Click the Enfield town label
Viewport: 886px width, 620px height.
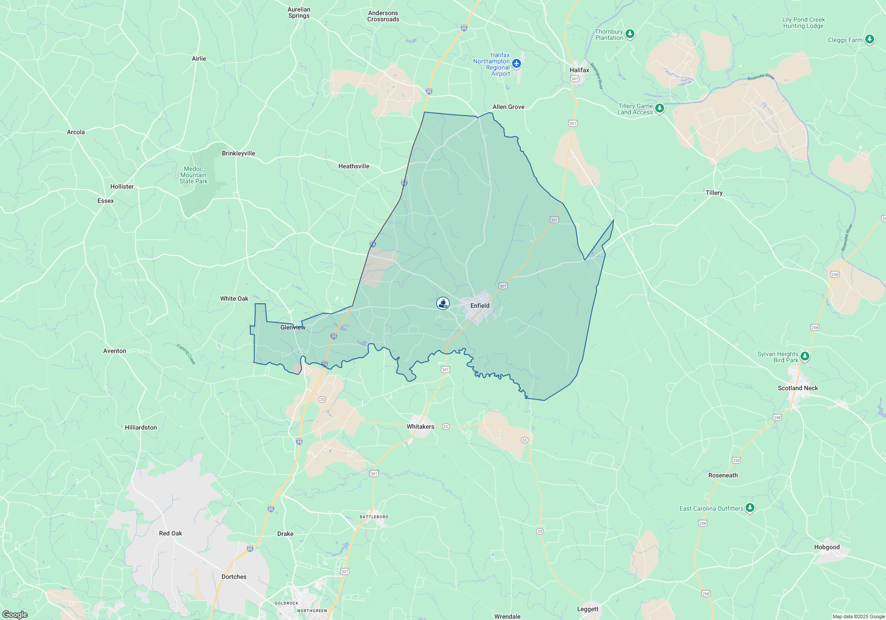(x=480, y=306)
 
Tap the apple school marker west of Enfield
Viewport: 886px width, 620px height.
(x=443, y=303)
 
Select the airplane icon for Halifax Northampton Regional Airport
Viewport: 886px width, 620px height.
(x=516, y=64)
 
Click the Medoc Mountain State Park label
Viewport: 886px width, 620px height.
(x=194, y=175)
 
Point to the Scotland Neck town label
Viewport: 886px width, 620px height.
(x=798, y=388)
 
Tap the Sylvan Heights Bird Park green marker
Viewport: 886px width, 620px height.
(x=805, y=356)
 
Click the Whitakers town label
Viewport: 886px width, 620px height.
(x=420, y=426)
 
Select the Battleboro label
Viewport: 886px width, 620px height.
(x=374, y=517)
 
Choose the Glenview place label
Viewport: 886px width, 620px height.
(x=293, y=327)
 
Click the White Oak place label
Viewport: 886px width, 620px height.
(x=234, y=298)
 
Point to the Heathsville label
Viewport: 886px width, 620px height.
(x=354, y=166)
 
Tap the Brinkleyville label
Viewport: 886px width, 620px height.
(x=238, y=153)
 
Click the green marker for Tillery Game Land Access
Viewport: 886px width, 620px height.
(x=660, y=108)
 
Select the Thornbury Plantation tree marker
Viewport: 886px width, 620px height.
(x=630, y=34)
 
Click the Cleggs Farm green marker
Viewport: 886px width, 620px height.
(x=870, y=39)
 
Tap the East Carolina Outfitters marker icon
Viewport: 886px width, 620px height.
(x=750, y=508)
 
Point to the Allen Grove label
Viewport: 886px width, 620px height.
(x=508, y=107)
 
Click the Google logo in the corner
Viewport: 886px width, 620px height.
(x=15, y=615)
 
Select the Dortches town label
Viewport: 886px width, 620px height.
(x=234, y=577)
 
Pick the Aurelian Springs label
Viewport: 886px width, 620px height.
(x=299, y=12)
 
